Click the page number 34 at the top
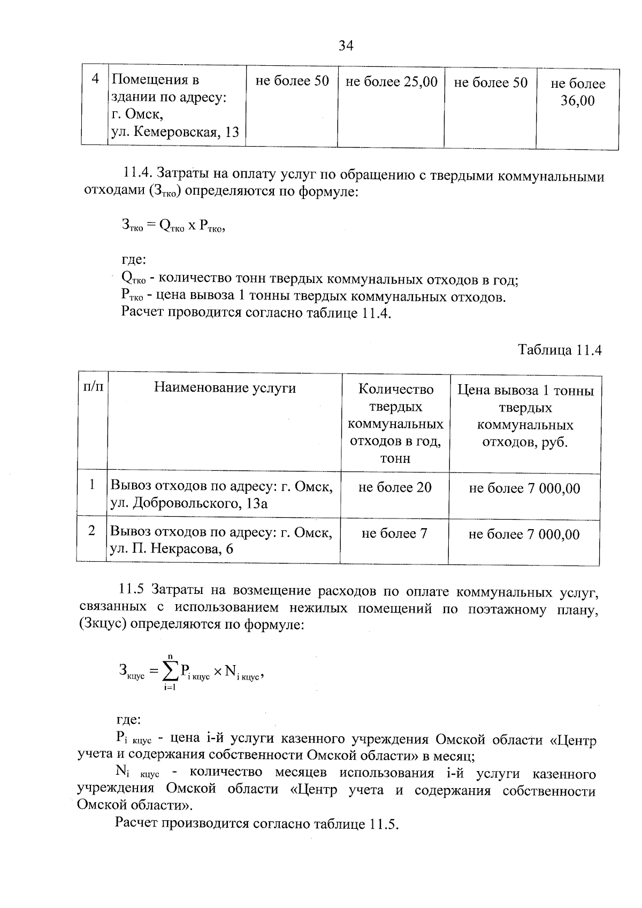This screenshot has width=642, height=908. (x=346, y=46)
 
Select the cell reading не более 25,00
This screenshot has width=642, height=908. (x=392, y=82)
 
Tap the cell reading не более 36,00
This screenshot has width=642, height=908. (x=578, y=92)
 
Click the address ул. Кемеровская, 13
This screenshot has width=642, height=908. (x=175, y=132)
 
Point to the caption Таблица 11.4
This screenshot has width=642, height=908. (x=560, y=350)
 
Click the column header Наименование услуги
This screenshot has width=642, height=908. (x=225, y=388)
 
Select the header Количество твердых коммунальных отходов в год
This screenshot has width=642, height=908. (x=395, y=423)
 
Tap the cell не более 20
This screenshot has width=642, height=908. (x=395, y=487)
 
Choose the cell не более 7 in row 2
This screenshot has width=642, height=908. (x=394, y=533)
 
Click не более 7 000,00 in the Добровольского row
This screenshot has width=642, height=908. (x=524, y=488)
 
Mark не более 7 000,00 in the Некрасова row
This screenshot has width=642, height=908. (x=524, y=535)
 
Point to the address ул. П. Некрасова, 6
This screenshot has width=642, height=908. (x=171, y=549)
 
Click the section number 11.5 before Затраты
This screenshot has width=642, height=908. (x=131, y=591)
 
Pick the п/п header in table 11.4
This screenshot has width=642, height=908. (x=92, y=387)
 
